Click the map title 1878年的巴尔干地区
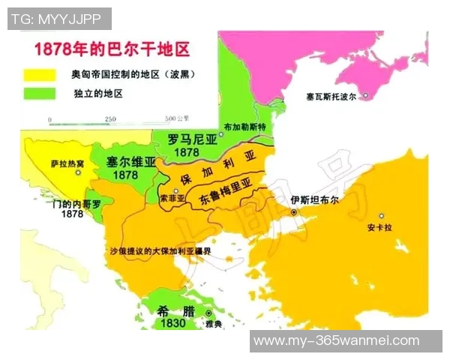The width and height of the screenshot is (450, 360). click(x=108, y=51)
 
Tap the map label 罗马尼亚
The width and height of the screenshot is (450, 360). click(x=191, y=139)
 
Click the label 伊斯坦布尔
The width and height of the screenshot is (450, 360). click(x=315, y=200)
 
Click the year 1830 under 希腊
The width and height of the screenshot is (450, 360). click(x=173, y=323)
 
